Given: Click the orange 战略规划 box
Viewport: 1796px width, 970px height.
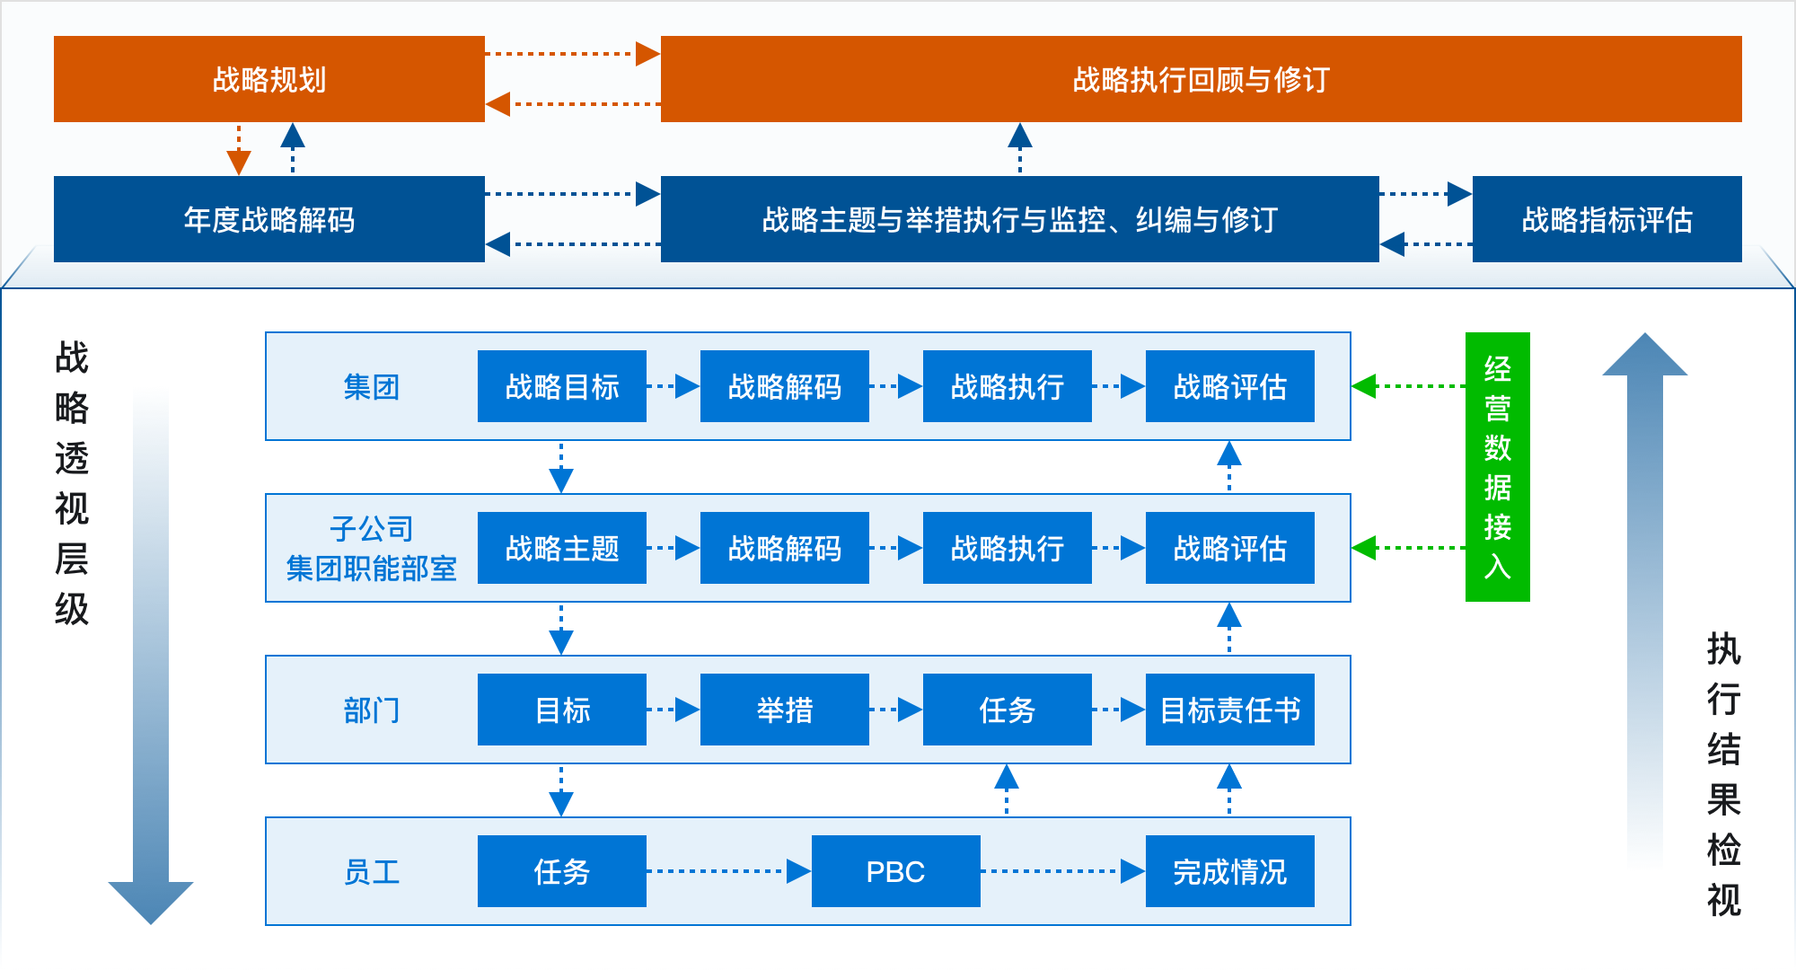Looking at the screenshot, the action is pyautogui.click(x=269, y=79).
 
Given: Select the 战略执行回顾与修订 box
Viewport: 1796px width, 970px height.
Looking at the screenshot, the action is pyautogui.click(x=1202, y=79).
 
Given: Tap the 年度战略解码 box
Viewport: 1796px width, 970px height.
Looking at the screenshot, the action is pyautogui.click(x=269, y=219).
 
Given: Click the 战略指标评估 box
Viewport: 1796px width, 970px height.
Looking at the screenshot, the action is pyautogui.click(x=1607, y=219).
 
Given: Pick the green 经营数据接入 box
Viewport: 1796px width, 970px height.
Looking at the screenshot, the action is pyautogui.click(x=1498, y=467).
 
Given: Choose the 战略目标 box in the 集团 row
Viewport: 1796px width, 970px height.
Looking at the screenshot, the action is pyautogui.click(x=562, y=386).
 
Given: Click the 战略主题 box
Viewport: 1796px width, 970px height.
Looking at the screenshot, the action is pyautogui.click(x=562, y=548).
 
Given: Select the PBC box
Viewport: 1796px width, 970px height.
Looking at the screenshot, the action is pyautogui.click(x=896, y=871).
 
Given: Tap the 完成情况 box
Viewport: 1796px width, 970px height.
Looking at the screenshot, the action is pyautogui.click(x=1230, y=871).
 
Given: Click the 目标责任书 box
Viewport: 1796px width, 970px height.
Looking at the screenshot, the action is pyautogui.click(x=1230, y=710).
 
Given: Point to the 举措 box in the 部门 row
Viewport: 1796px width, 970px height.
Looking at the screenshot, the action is pyautogui.click(x=785, y=710).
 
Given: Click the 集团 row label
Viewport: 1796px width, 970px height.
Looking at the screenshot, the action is pyautogui.click(x=371, y=387).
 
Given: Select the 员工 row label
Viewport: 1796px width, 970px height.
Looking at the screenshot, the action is pyautogui.click(x=371, y=872).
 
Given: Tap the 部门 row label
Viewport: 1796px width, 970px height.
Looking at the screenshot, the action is pyautogui.click(x=371, y=710).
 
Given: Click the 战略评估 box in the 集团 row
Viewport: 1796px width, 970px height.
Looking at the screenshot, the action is pyautogui.click(x=1230, y=386).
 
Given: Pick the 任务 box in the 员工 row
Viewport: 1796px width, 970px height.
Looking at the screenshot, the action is pyautogui.click(x=562, y=871).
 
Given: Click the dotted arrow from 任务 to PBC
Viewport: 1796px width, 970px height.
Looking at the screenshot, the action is pyautogui.click(x=729, y=871).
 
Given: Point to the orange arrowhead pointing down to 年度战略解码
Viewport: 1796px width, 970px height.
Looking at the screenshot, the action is pyautogui.click(x=239, y=163).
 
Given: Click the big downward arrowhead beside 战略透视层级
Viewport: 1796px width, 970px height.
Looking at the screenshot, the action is pyautogui.click(x=151, y=903).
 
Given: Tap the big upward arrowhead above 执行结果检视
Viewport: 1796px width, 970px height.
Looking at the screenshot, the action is pyautogui.click(x=1645, y=354).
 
